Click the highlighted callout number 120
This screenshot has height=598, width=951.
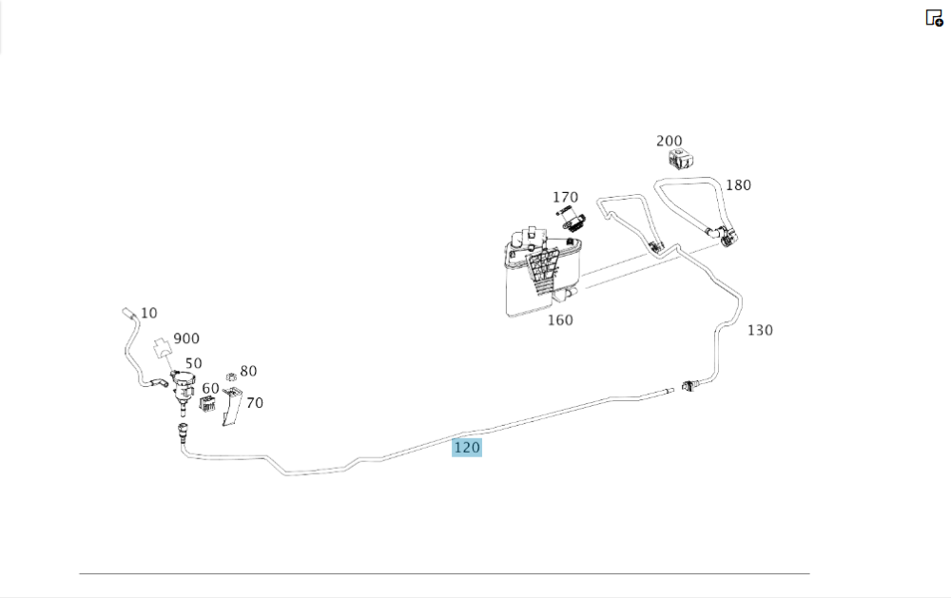coord(466,448)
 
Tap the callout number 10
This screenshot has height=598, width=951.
coord(148,313)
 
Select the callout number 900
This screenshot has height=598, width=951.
coord(186,338)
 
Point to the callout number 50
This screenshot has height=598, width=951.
coord(193,363)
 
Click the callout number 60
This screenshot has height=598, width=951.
coord(210,389)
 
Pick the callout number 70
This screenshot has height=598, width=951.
coord(255,403)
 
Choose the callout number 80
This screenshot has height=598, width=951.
coord(248,371)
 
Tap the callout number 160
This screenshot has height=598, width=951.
coord(560,320)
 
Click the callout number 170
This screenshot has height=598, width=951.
coord(565,198)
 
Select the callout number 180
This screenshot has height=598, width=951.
coord(738,185)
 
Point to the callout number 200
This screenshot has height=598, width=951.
coord(669,142)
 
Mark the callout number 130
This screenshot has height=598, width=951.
coord(760,331)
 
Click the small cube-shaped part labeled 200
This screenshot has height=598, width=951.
coord(681,159)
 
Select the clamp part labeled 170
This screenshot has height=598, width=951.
coord(570,219)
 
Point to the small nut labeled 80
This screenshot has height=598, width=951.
coord(231,377)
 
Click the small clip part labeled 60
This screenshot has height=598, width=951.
coord(207,404)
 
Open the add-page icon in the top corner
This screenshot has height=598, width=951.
coord(934,18)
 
